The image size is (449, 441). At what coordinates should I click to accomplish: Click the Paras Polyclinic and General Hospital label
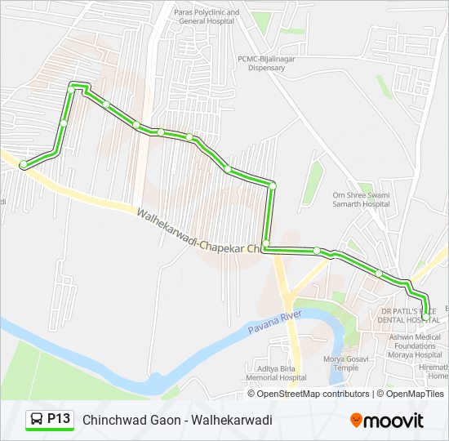207,17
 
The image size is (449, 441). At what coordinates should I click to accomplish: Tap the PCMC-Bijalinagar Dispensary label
261,63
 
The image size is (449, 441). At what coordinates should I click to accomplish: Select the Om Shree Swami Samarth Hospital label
361,199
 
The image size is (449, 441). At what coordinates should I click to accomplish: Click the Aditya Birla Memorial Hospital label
269,373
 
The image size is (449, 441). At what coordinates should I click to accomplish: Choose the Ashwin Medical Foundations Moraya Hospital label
416,345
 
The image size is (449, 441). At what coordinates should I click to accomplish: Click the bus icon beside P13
38,420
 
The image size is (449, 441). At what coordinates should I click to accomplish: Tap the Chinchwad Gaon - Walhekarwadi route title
177,420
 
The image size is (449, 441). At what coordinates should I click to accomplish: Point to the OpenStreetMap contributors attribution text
313,394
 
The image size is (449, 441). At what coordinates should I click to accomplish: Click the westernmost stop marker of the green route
24,165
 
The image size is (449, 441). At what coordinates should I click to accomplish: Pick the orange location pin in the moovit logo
357,421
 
